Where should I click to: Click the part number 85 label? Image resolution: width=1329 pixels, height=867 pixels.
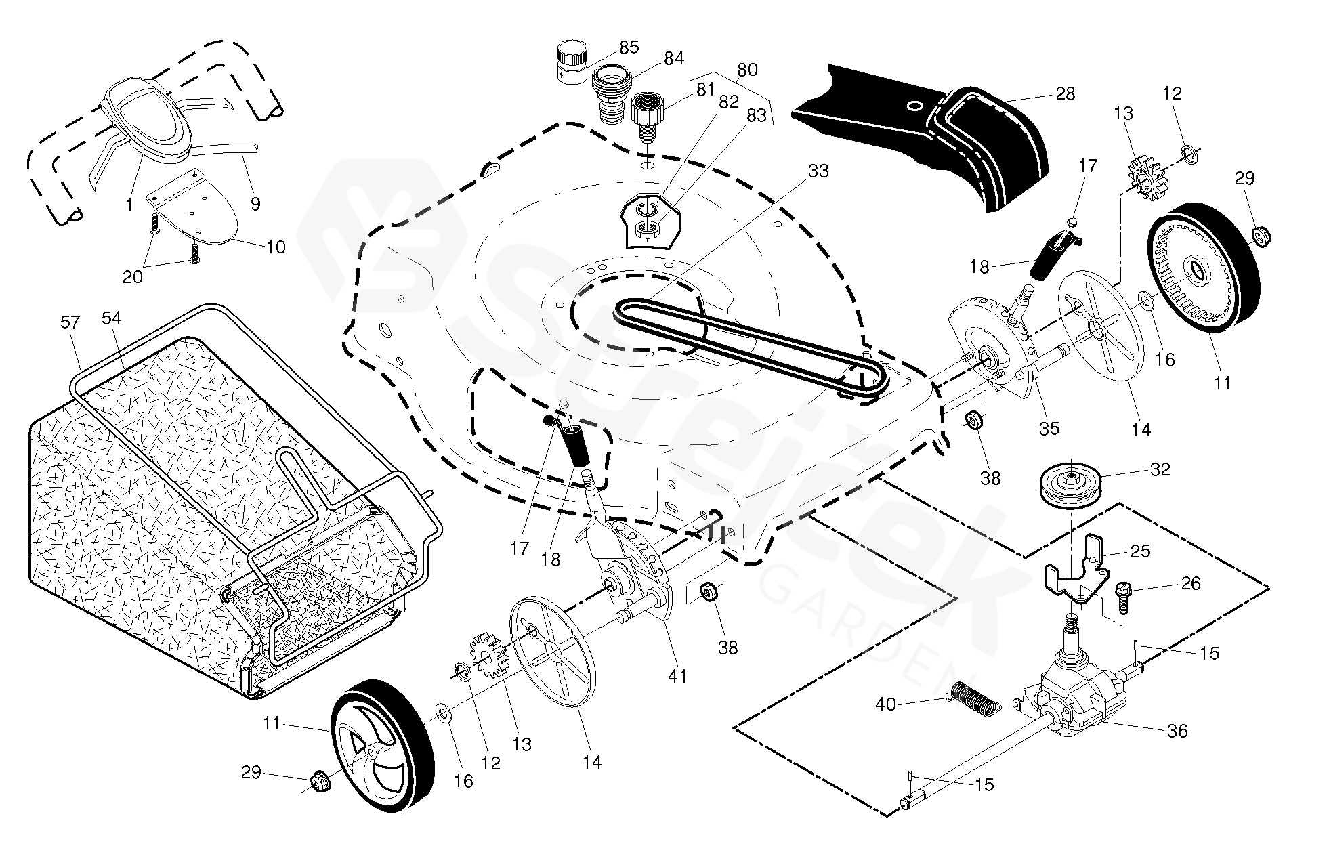click(x=629, y=47)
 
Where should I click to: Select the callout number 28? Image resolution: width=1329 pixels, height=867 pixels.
click(x=1066, y=93)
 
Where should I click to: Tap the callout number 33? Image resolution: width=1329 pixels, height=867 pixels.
click(x=818, y=171)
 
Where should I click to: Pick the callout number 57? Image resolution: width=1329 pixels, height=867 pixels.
click(x=70, y=322)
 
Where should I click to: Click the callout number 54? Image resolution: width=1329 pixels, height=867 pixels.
click(x=111, y=318)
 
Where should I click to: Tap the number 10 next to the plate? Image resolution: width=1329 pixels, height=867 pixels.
click(x=276, y=247)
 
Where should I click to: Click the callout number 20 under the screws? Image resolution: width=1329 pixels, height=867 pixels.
click(x=133, y=276)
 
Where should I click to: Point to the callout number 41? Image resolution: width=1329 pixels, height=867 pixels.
click(x=677, y=675)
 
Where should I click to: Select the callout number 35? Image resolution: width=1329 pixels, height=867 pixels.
click(x=1049, y=428)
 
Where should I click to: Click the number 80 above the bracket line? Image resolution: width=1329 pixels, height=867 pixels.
click(x=746, y=70)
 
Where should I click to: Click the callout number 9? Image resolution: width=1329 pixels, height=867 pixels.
click(x=255, y=204)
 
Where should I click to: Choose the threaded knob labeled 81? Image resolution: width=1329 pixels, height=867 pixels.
click(x=648, y=112)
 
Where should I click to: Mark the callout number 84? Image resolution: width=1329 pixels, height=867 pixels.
click(x=674, y=59)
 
